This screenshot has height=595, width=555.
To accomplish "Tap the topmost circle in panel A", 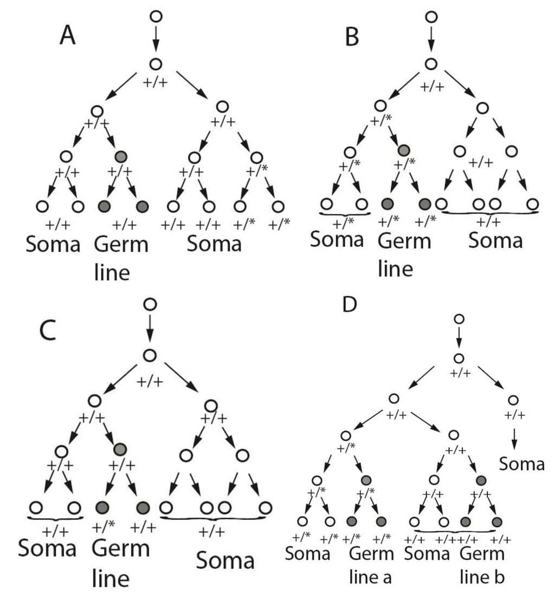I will pos(156,16).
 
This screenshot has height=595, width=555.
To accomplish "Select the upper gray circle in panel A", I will pos(121,157).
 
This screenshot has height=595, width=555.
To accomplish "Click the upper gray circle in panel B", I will pos(403,150).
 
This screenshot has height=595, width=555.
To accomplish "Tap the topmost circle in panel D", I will pos(459,319).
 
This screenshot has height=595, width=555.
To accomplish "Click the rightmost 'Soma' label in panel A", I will pos(214,245).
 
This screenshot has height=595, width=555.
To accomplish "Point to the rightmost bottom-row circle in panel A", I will pos(278,206).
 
